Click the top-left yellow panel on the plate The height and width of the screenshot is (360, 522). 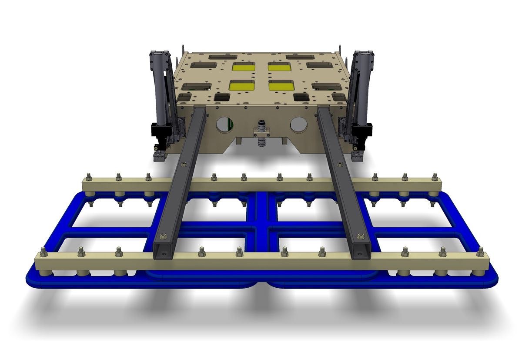(244, 67)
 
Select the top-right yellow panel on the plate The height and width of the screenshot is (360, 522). (279, 67)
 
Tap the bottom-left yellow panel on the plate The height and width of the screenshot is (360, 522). (241, 86)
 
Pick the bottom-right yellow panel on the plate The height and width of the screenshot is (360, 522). (281, 86)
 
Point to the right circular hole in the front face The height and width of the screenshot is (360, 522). (299, 124)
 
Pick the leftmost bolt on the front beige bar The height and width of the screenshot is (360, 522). (43, 252)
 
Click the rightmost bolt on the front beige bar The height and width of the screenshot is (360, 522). (480, 252)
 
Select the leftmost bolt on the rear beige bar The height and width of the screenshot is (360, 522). (89, 176)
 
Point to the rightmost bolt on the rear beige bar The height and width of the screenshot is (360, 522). (434, 176)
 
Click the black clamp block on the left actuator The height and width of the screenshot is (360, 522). (159, 130)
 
